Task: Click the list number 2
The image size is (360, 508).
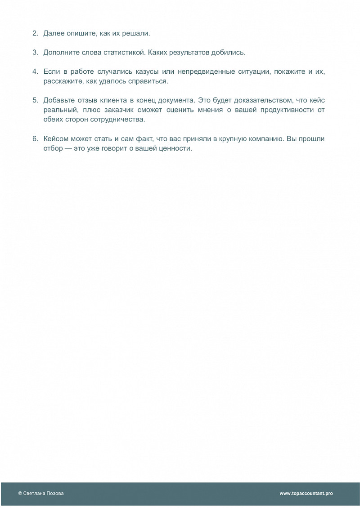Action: point(35,34)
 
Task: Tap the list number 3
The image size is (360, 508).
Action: point(35,53)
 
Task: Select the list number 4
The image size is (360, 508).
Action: point(35,72)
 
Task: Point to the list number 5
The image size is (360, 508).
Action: point(35,100)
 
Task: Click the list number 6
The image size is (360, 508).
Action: point(35,138)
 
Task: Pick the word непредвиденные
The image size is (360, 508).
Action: point(202,72)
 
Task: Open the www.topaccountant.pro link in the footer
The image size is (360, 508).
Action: point(306,493)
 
